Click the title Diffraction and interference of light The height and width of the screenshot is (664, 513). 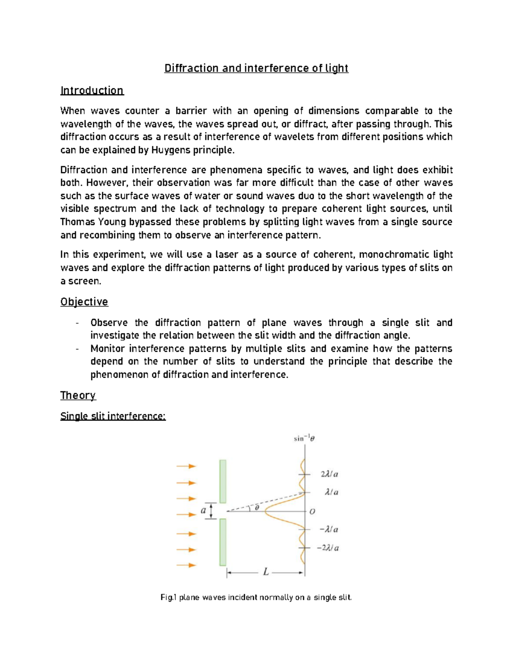point(256,68)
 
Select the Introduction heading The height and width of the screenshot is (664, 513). point(92,91)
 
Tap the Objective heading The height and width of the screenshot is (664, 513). point(84,302)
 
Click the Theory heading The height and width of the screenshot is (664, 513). point(78,395)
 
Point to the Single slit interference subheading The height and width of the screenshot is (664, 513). point(113,416)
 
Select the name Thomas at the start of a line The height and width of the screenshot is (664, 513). point(75,222)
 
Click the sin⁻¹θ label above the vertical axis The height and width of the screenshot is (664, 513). point(304,438)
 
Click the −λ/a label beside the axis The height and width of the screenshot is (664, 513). point(329,530)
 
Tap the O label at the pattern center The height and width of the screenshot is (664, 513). point(313,511)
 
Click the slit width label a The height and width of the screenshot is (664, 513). point(203,511)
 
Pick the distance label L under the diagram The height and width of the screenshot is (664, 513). point(266,572)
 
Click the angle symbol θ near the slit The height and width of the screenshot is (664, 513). point(256,508)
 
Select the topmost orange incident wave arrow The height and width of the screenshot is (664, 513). point(186,466)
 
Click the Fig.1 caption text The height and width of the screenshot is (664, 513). point(256,598)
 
